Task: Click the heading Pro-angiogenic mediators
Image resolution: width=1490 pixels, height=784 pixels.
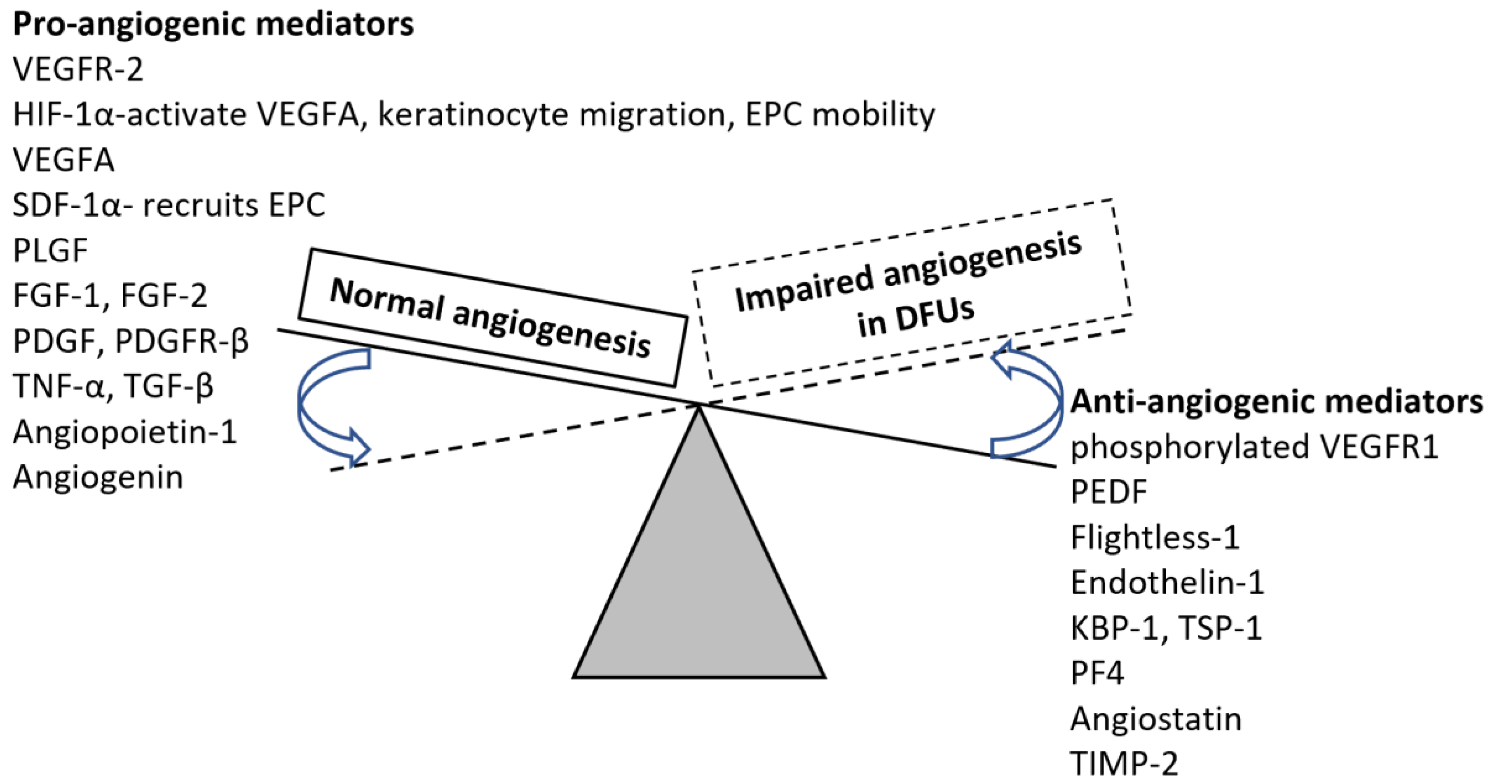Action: tap(213, 25)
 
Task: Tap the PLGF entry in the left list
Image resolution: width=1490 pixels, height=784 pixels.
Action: tap(50, 251)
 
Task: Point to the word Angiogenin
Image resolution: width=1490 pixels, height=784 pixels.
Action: tap(98, 477)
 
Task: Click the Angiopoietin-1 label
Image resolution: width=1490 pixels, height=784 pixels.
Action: tap(125, 432)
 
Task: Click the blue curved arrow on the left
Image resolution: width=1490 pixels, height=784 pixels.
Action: tap(324, 405)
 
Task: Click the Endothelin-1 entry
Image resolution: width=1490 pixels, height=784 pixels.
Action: tap(1167, 583)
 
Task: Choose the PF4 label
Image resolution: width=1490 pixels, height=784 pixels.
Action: tap(1096, 674)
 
